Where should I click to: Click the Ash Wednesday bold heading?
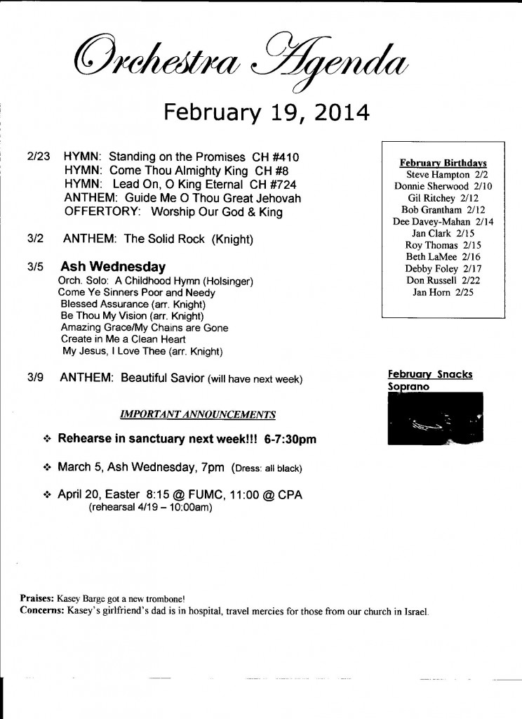pyautogui.click(x=113, y=267)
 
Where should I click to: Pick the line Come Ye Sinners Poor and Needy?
pyautogui.click(x=137, y=292)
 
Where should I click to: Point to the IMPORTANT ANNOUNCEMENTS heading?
pyautogui.click(x=197, y=414)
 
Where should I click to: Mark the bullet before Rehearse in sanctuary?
pyautogui.click(x=48, y=440)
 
